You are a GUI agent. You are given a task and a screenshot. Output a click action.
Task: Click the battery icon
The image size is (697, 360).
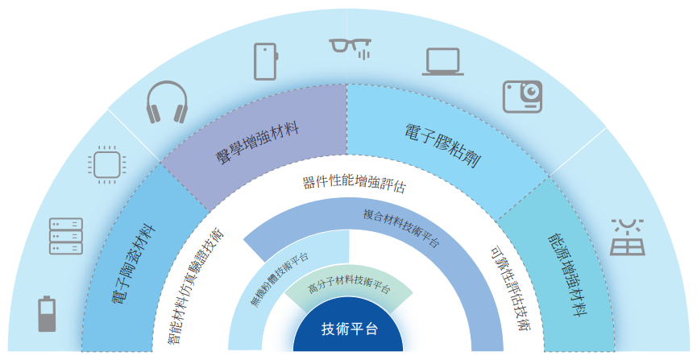(x=48, y=314)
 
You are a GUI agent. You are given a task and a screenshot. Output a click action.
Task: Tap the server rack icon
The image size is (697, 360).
(x=66, y=235)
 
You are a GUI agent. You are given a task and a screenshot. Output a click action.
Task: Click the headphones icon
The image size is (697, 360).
(x=167, y=102)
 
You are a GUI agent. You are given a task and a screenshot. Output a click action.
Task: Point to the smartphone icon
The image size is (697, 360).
(x=266, y=60)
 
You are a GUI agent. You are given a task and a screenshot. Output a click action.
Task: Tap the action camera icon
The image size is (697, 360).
(x=523, y=97)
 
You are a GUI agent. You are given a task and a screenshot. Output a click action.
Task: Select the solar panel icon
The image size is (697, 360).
(x=627, y=236)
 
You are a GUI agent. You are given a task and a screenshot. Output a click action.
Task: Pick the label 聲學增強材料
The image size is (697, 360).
(x=257, y=142)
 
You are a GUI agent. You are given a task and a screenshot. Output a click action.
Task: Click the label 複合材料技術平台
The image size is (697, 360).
(x=400, y=229)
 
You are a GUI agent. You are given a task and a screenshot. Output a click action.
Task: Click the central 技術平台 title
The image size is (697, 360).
(x=349, y=329)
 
